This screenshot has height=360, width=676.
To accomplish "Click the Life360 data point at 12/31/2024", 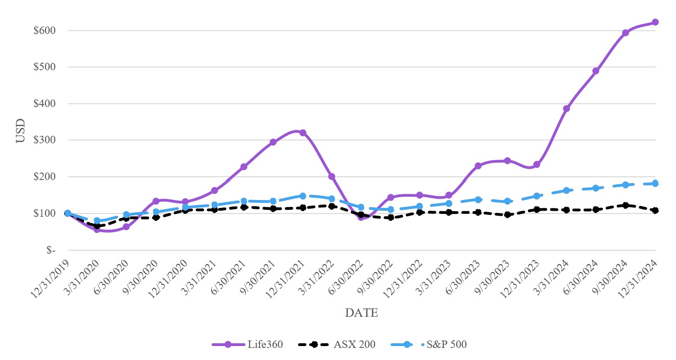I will pos(655,22).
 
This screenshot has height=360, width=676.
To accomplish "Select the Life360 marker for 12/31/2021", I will pos(303,133).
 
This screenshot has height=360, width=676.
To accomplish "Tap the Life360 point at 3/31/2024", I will pos(566,108).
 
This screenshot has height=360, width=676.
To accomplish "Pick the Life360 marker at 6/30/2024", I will pos(596,71).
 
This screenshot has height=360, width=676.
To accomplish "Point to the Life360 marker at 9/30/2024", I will pos(625,33).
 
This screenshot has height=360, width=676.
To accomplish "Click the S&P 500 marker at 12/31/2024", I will pos(655,184).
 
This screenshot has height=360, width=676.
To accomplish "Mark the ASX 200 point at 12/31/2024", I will pos(655,210).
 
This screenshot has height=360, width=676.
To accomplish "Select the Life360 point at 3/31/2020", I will pos(97,229).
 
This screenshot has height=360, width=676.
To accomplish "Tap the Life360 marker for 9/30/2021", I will pos(273,142).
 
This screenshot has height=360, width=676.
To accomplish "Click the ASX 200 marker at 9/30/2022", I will pos(391,217).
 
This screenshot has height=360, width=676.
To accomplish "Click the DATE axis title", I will pos(361,313).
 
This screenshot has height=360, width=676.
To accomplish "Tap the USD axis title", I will pos(20,132).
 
